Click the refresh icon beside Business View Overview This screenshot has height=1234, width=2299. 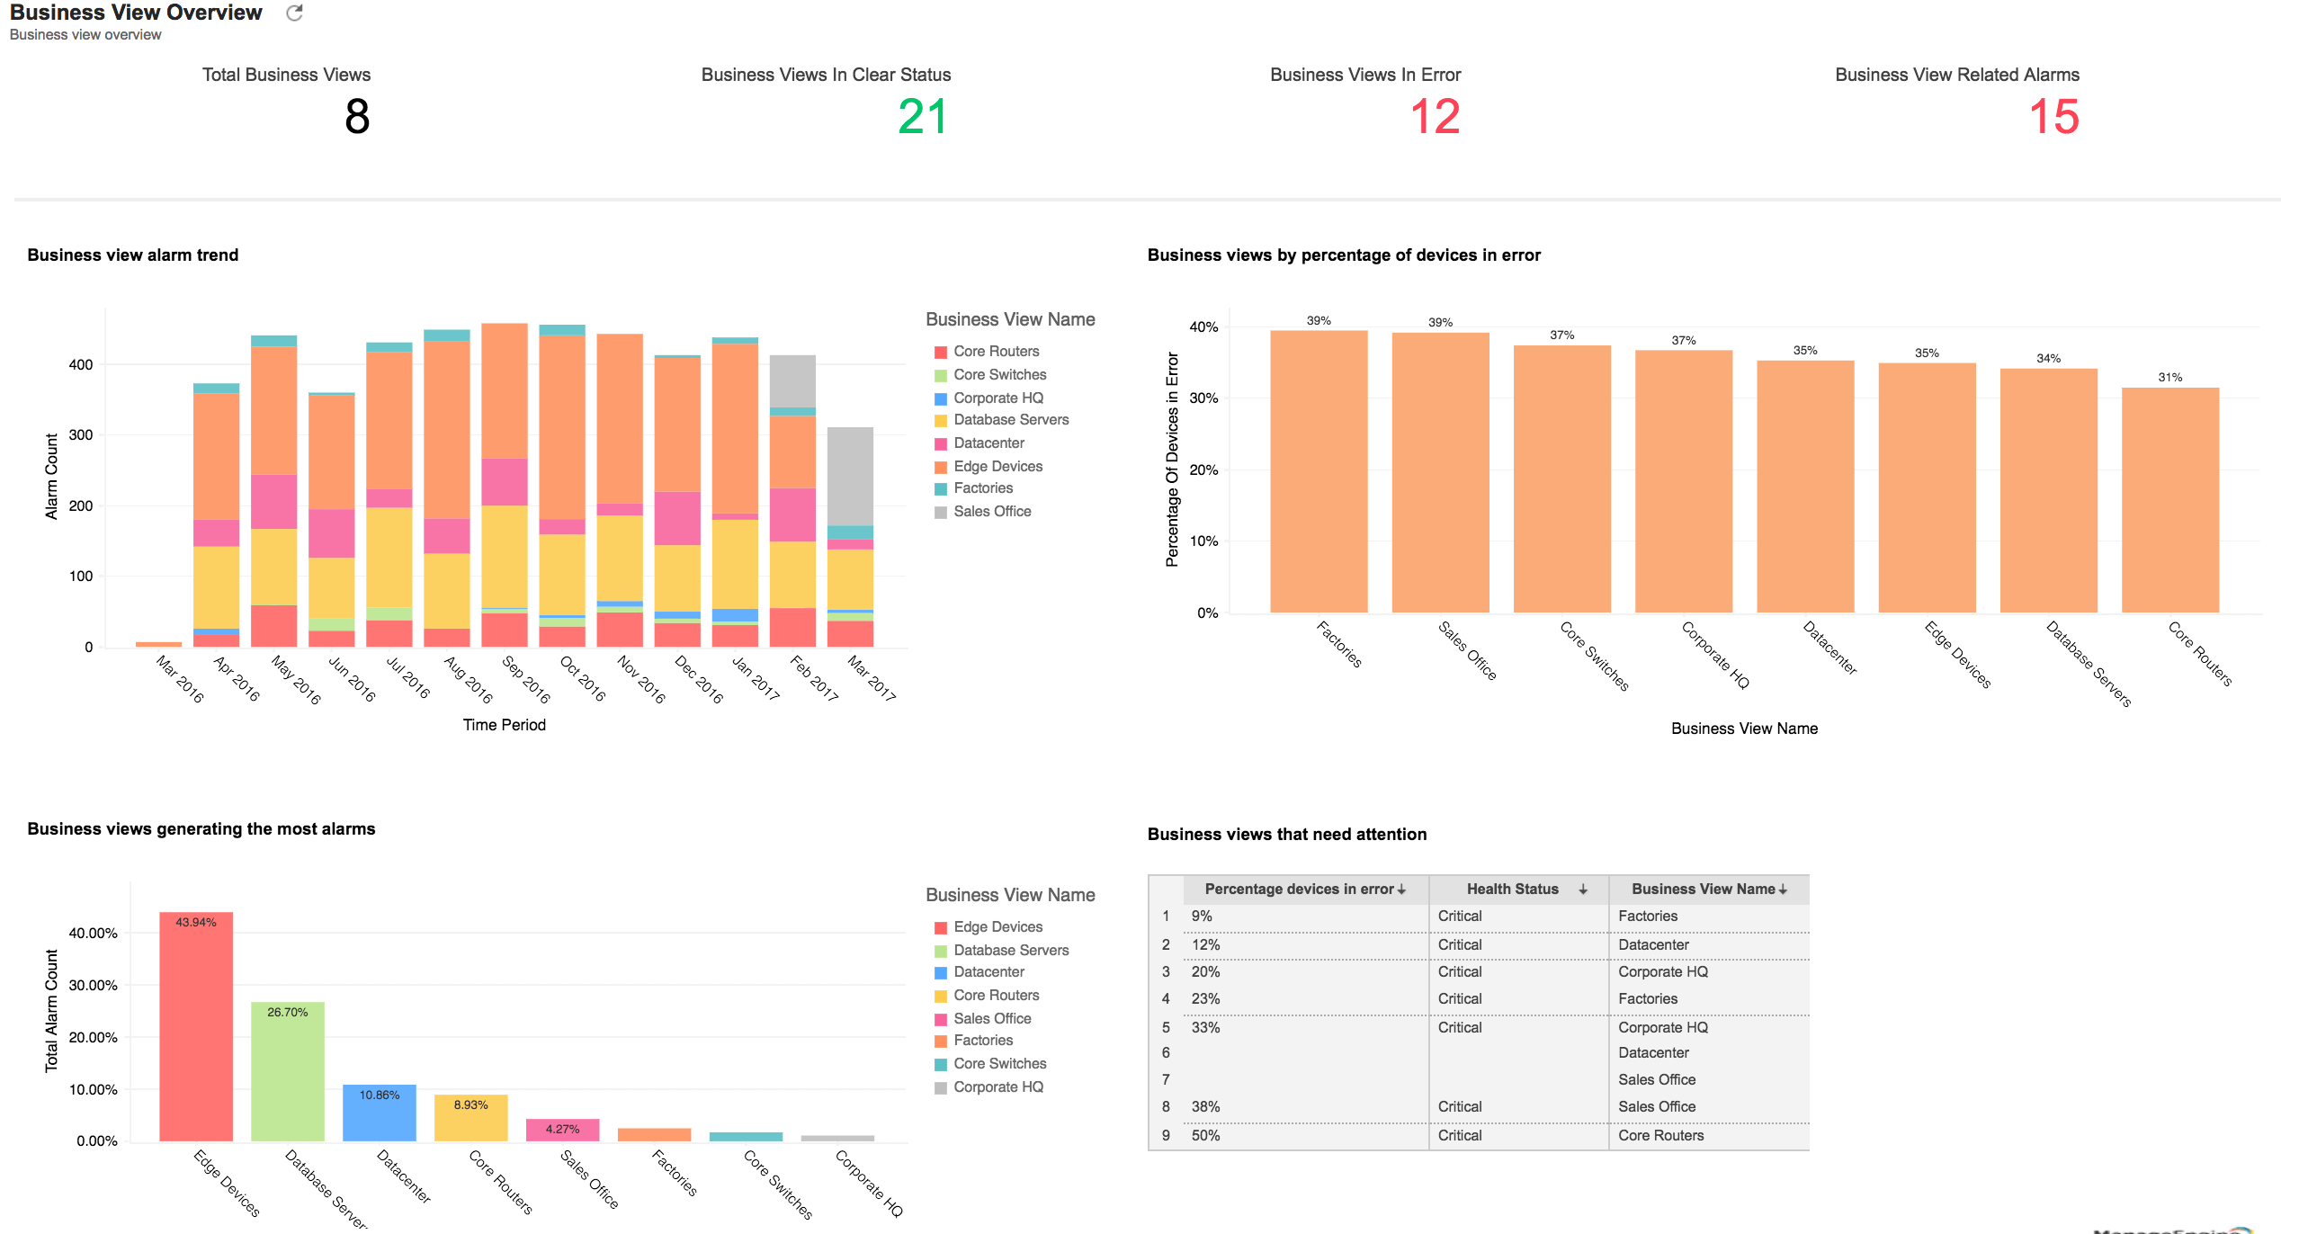[294, 13]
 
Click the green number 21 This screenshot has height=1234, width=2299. [922, 117]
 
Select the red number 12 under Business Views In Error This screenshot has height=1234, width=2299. [1435, 117]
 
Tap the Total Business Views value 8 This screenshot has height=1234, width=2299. [357, 117]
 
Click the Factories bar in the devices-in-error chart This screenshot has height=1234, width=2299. [1318, 472]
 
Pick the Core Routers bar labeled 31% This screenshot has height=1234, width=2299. [2169, 500]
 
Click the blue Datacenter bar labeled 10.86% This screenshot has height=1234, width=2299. [380, 1113]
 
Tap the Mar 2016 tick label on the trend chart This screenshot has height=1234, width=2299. [180, 679]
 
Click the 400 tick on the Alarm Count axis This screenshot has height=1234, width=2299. [81, 364]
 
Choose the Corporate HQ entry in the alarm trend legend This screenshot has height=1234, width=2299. [997, 398]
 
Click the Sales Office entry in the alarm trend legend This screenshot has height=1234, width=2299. [992, 511]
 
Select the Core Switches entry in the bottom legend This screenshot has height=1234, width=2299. [999, 1063]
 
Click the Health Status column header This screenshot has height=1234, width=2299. [1513, 889]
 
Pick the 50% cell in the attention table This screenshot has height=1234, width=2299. [1205, 1135]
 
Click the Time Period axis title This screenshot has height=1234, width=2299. [504, 725]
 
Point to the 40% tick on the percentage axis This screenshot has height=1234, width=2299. [1203, 326]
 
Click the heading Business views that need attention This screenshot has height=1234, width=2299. [1286, 834]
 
